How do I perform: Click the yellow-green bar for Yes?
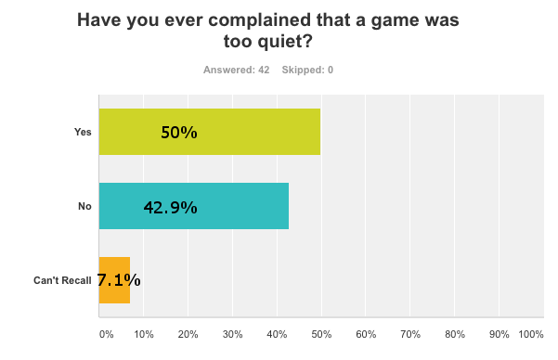[209, 132]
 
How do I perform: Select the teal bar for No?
[193, 206]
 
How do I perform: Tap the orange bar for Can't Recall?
[114, 280]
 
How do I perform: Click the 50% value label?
[179, 133]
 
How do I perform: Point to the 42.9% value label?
[170, 207]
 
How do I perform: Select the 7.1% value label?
[118, 280]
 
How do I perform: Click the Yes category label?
[83, 132]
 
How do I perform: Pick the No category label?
[84, 206]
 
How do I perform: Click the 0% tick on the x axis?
[105, 334]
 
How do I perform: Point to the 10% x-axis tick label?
[144, 334]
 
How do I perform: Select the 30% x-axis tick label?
[232, 334]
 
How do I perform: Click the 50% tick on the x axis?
[321, 334]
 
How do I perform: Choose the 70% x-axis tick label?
[410, 334]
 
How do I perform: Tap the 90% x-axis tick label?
[499, 334]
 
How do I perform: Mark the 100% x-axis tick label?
[531, 334]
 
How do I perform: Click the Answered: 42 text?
[236, 71]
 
